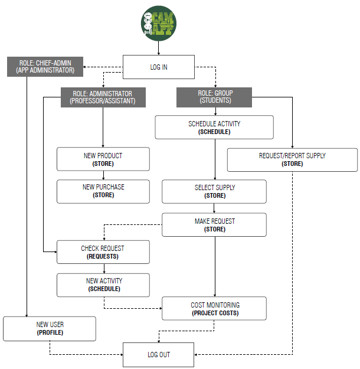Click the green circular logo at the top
click(x=158, y=24)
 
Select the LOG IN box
click(x=158, y=67)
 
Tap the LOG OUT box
click(x=158, y=355)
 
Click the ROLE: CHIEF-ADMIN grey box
click(x=45, y=66)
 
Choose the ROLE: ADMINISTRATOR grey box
click(x=103, y=97)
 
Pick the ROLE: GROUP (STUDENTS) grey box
click(x=214, y=97)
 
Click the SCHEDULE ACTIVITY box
click(x=214, y=128)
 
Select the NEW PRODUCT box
click(x=103, y=159)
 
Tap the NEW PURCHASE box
click(x=103, y=191)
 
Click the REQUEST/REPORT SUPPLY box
click(x=292, y=159)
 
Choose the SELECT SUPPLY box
click(x=214, y=191)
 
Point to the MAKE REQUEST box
click(x=214, y=225)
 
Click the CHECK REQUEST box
click(x=103, y=252)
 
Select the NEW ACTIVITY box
click(x=103, y=285)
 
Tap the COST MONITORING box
click(x=214, y=309)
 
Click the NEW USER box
click(x=50, y=328)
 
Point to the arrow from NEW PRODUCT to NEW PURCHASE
click(x=103, y=175)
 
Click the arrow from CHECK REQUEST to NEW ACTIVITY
click(x=103, y=268)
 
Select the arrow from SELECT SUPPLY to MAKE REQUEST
click(x=214, y=208)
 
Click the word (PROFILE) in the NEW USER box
click(x=50, y=333)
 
